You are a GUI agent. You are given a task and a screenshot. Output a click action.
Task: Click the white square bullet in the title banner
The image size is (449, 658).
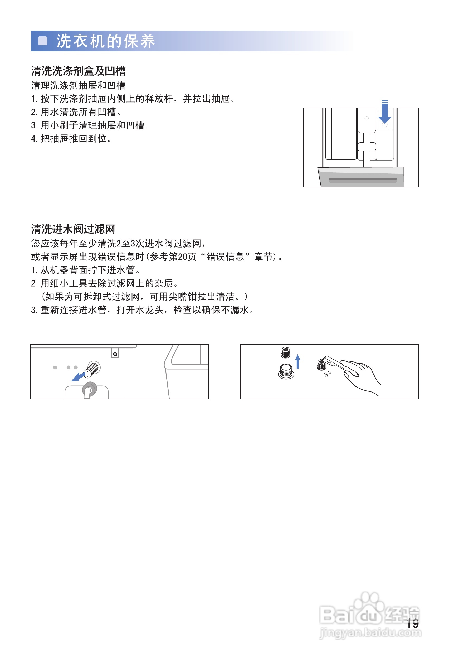coord(42,41)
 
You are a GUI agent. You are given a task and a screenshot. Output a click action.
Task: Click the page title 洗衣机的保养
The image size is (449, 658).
coord(105,41)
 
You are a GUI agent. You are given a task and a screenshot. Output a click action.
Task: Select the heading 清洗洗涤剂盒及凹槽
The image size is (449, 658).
coord(78,71)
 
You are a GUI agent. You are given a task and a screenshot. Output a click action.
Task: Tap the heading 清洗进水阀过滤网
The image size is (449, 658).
coord(73,229)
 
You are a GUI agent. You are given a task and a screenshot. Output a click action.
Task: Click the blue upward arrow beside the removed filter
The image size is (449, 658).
coord(298,362)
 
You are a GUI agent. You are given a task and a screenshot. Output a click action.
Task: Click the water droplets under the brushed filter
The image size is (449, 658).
coord(327,374)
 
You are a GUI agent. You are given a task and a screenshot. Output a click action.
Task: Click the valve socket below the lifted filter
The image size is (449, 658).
coord(286,372)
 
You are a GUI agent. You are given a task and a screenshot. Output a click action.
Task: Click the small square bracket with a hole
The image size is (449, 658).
coord(115,353)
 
